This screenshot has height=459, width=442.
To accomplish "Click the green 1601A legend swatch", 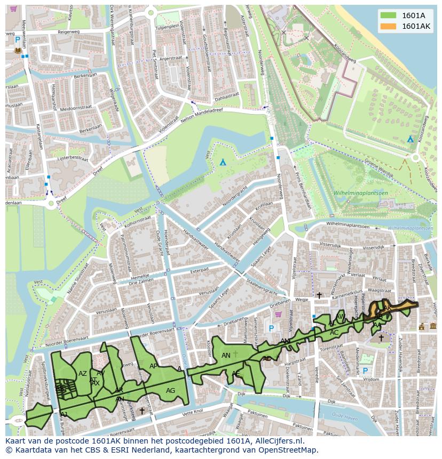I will pyautogui.click(x=388, y=15).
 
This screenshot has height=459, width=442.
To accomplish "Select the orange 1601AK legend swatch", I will pyautogui.click(x=388, y=26).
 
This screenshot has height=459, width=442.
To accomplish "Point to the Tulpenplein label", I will pyautogui.click(x=167, y=27).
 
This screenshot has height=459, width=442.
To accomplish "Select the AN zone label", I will pyautogui.click(x=226, y=355).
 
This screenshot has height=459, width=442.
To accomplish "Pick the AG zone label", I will pyautogui.click(x=170, y=391).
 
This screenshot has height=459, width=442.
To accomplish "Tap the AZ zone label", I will pyautogui.click(x=82, y=373).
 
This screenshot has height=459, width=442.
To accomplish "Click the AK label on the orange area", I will pyautogui.click(x=388, y=308).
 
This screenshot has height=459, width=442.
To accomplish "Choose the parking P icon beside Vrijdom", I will pyautogui.click(x=366, y=371).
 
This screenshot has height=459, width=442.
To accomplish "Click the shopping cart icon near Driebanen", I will pyautogui.click(x=292, y=314).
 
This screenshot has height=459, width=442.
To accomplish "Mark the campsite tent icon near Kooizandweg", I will pyautogui.click(x=410, y=139).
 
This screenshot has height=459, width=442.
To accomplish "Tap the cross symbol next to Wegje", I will pyautogui.click(x=319, y=295).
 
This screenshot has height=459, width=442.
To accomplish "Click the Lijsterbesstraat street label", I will pyautogui.click(x=72, y=158).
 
